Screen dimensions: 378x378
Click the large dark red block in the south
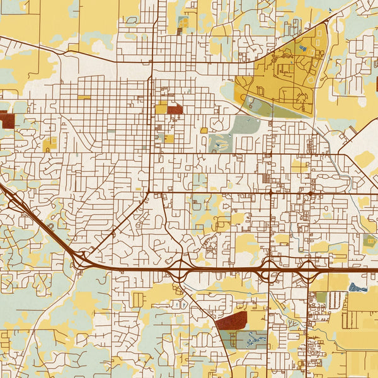(231, 321)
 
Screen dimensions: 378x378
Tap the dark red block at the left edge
(7, 119)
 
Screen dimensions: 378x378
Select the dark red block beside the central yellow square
(175, 110)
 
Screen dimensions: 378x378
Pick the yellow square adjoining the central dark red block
(161, 109)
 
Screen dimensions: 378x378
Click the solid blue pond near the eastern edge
(358, 287)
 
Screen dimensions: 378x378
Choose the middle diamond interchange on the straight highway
(269, 269)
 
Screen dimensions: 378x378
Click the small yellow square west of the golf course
(203, 130)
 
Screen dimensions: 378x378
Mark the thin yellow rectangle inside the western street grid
(84, 97)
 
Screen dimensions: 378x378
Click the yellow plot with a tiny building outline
(50, 144)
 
